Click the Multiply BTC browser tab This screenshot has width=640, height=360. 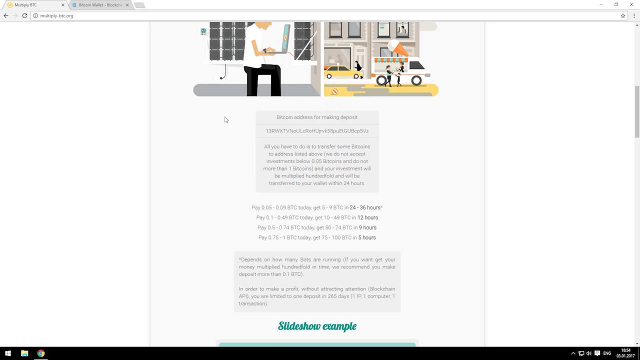(x=34, y=5)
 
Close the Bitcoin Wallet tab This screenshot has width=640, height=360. (x=127, y=5)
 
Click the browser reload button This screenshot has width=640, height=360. (x=24, y=15)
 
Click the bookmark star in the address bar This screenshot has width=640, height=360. (x=623, y=15)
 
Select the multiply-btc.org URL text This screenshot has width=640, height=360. (x=56, y=15)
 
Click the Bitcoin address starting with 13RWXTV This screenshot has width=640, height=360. (x=317, y=131)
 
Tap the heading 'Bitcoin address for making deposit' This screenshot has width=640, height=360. (x=317, y=117)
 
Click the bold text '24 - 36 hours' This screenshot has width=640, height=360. (x=365, y=207)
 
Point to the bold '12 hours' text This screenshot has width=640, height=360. (x=367, y=217)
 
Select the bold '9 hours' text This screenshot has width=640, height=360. (x=367, y=227)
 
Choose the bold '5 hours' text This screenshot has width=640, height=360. (x=367, y=237)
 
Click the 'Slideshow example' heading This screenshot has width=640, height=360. (x=317, y=326)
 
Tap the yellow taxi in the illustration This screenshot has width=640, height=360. (x=343, y=72)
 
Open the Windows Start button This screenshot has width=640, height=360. (x=8, y=353)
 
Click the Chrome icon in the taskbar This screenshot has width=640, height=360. (x=41, y=353)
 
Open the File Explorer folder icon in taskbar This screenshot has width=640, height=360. (x=24, y=353)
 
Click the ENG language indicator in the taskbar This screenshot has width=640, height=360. (x=607, y=353)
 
